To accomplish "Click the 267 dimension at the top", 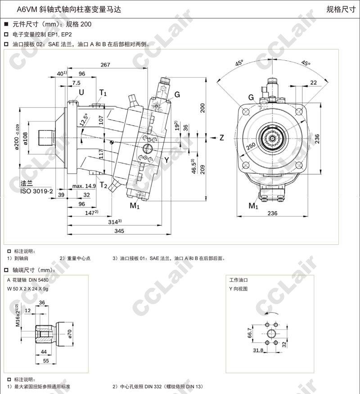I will coord(105,65).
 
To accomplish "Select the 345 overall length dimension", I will coord(119,231).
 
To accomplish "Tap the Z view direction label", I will coord(221,138).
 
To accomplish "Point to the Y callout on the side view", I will coord(166,160).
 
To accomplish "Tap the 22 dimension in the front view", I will coord(314,83).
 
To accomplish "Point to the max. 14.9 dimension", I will coord(84,186).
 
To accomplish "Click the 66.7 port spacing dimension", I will coord(250,333).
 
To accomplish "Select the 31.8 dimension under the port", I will coord(258,351).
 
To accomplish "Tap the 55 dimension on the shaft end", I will coord(45,361).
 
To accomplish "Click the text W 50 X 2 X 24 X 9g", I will coord(34,289).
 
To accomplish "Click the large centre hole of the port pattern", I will coord(272,333).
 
